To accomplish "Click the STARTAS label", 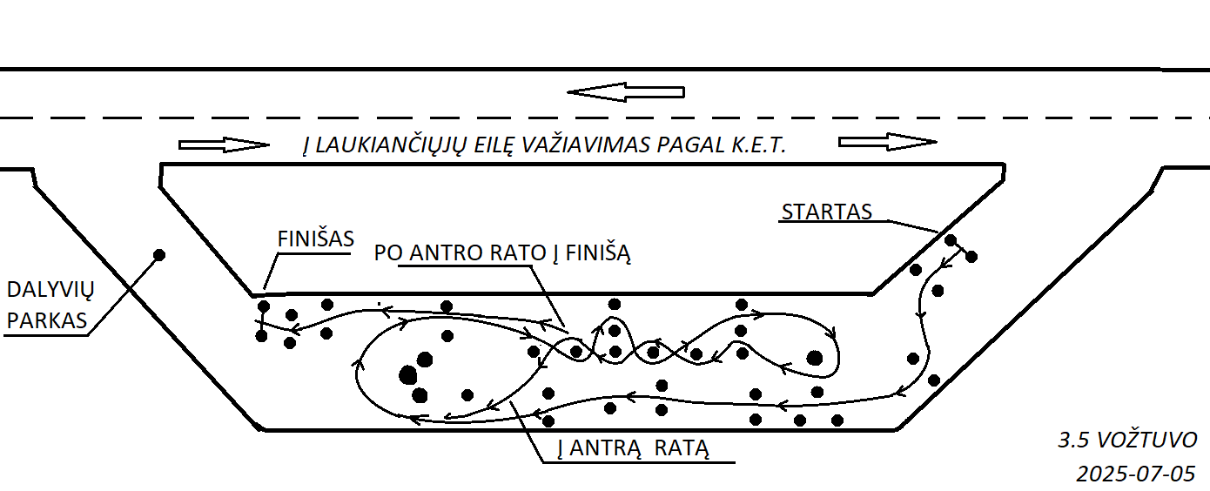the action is (x=826, y=212).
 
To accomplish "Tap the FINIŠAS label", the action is (x=315, y=239).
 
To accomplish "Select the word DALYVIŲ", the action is (x=50, y=290).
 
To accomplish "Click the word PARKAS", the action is (x=47, y=321).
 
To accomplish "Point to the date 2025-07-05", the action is (x=1135, y=474).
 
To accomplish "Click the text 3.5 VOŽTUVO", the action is (x=1127, y=441).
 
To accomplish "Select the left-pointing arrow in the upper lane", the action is (x=626, y=92).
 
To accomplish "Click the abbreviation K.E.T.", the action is (x=758, y=145).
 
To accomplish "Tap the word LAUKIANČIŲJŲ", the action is (x=389, y=145).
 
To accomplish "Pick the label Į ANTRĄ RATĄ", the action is (x=633, y=448).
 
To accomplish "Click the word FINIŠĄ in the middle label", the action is (x=598, y=252).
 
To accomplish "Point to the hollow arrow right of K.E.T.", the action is (x=888, y=142).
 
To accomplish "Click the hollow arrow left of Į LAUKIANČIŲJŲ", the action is (x=225, y=145).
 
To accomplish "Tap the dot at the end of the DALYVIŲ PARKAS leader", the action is (x=159, y=254).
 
